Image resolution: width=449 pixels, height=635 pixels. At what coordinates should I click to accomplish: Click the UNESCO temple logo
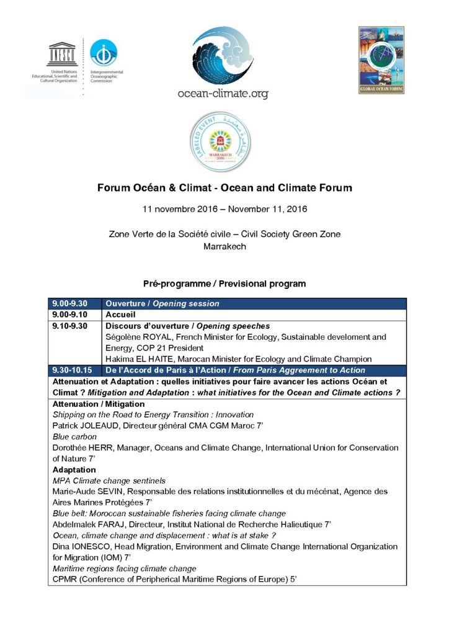[x=62, y=54]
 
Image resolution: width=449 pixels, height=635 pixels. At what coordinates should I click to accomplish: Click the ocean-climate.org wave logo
[x=223, y=56]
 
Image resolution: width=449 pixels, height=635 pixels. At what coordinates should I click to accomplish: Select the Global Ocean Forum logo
[x=381, y=60]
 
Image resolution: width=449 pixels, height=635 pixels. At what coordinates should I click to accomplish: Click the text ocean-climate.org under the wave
[x=223, y=94]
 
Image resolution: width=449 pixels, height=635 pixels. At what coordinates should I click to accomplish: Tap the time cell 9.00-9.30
[x=70, y=304]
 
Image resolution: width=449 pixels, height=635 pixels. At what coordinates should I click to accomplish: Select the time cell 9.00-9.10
[x=70, y=315]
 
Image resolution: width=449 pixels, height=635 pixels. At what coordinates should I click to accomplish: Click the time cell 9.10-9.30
[x=70, y=326]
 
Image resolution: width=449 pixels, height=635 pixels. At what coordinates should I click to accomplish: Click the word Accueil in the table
[x=122, y=315]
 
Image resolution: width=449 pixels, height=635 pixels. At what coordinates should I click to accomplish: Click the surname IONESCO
[x=93, y=546]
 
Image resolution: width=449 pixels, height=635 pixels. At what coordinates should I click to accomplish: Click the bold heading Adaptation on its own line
[x=74, y=469]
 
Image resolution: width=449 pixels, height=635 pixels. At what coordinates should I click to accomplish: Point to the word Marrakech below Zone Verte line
[x=225, y=246]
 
